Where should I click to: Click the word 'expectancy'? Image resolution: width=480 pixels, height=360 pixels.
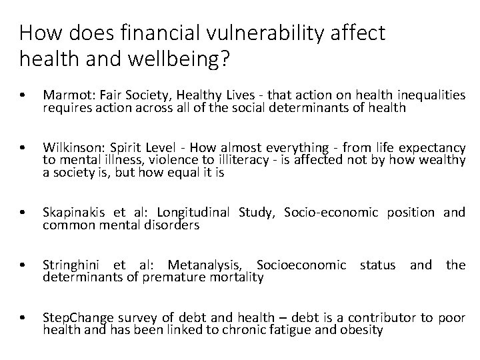click(x=434, y=147)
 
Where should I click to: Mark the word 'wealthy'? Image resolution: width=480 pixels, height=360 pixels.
click(x=443, y=159)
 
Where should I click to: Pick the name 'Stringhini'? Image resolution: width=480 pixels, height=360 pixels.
click(x=72, y=265)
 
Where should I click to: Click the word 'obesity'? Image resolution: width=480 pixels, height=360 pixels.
click(x=362, y=329)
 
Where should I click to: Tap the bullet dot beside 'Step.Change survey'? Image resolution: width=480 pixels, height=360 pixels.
click(x=24, y=318)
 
